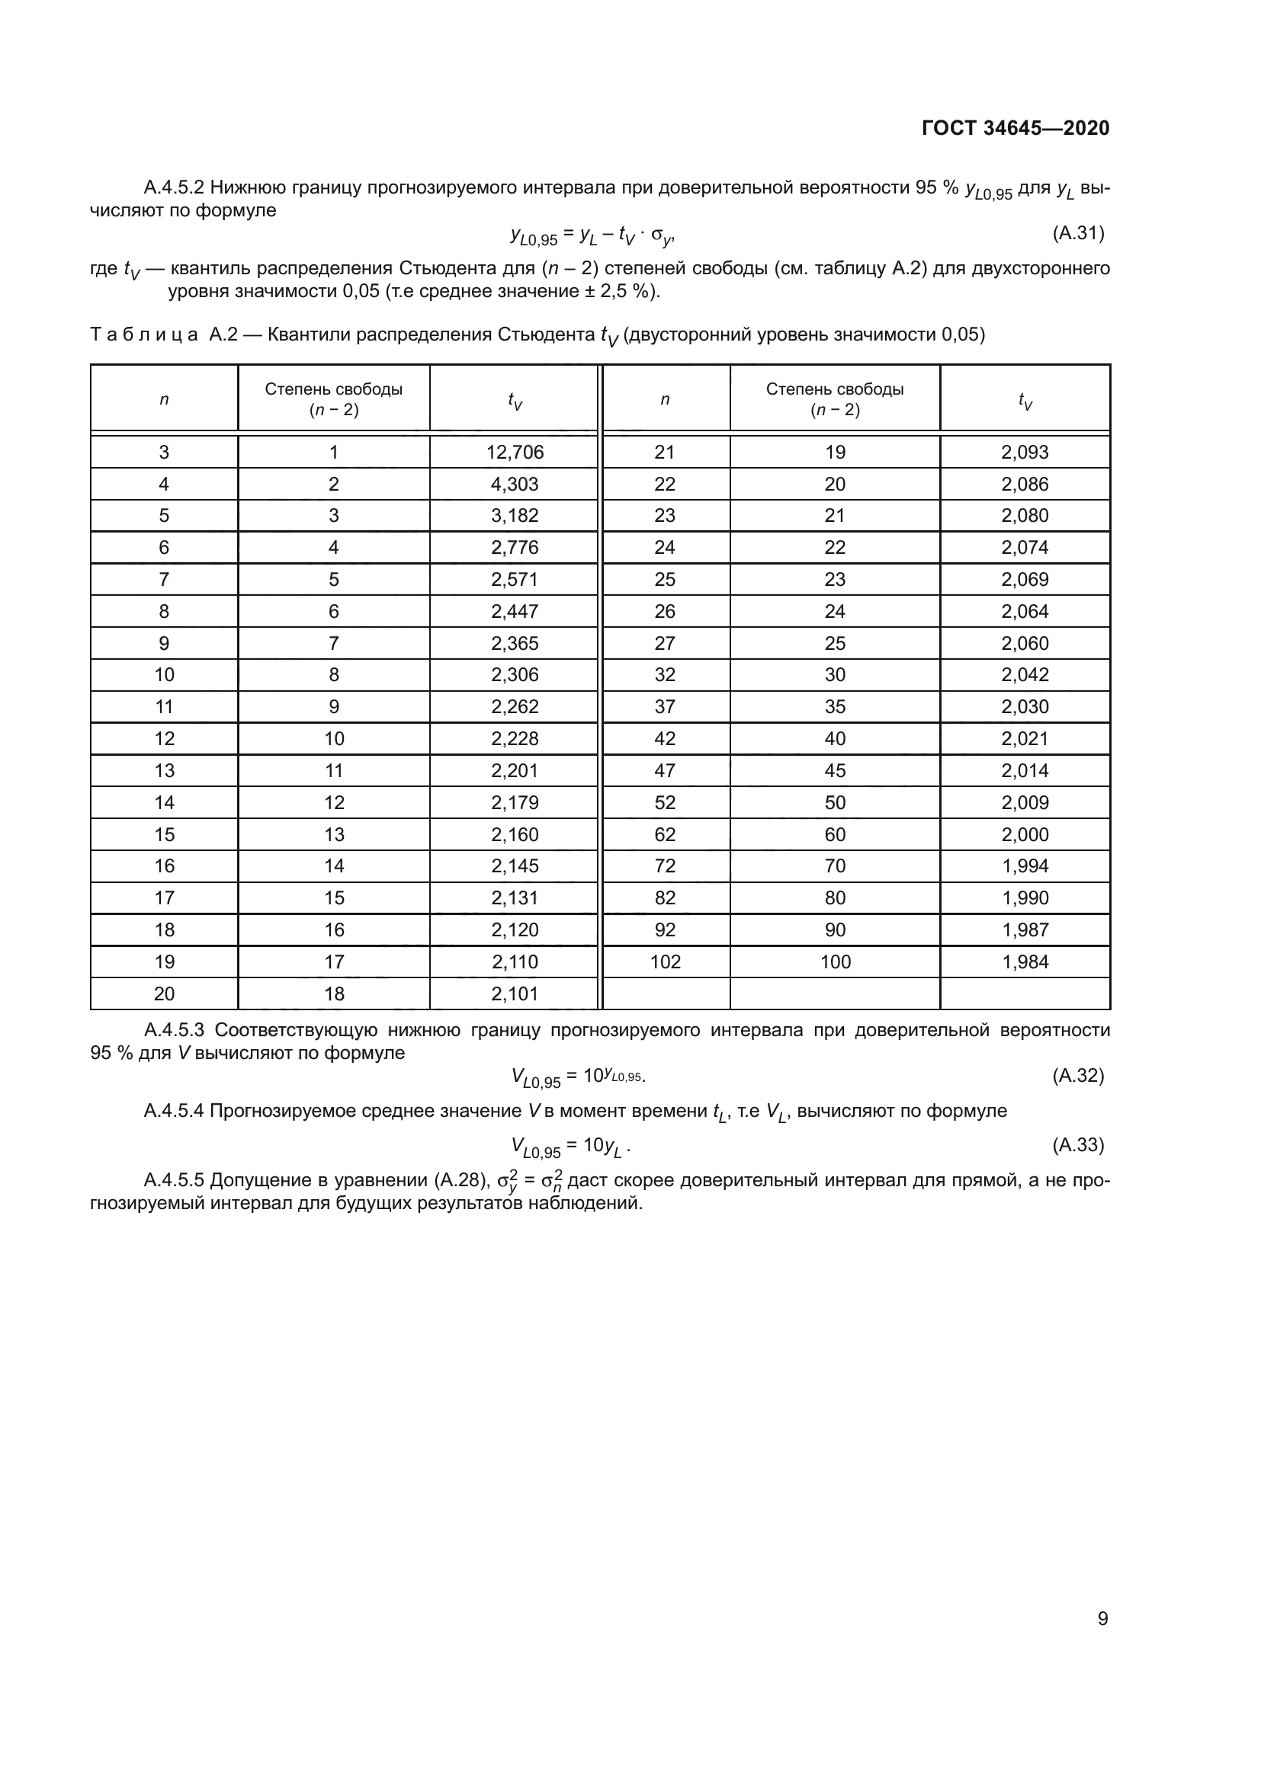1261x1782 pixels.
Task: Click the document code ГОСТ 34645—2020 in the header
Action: tap(1015, 128)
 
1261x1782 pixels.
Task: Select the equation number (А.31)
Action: tap(1078, 233)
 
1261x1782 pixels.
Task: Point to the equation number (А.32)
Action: tap(1078, 1076)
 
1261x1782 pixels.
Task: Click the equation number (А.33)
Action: tap(1078, 1145)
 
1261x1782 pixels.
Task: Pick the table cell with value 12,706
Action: tap(515, 453)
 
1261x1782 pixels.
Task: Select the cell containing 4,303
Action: tap(515, 485)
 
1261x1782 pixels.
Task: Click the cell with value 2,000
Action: tap(1024, 834)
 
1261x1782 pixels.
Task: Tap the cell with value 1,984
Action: tap(1024, 961)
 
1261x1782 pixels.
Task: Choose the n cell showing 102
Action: tap(665, 961)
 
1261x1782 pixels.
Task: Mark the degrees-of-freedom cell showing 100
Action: tap(835, 961)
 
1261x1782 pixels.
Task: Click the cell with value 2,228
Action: tap(515, 738)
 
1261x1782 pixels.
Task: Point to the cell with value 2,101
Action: tap(515, 993)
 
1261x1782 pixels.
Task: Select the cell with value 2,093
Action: tap(1024, 453)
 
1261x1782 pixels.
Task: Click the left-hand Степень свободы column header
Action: tap(334, 399)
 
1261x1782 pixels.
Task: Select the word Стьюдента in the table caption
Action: tap(546, 334)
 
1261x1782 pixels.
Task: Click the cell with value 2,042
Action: tap(1024, 674)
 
